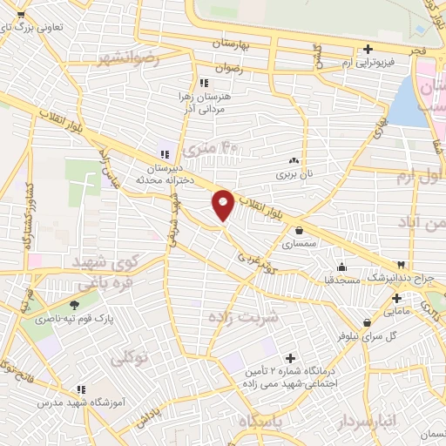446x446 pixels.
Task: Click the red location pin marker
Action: [x=223, y=204]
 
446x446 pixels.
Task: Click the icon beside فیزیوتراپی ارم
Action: [x=369, y=48]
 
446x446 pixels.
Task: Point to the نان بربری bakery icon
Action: [x=294, y=160]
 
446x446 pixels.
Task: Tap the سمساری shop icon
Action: [x=301, y=231]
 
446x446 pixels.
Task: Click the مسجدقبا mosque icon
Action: [x=342, y=267]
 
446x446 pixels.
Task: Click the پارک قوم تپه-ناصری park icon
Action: [x=73, y=305]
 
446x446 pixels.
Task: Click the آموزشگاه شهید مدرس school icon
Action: [x=81, y=389]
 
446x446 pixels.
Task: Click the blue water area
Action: [x=402, y=105]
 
